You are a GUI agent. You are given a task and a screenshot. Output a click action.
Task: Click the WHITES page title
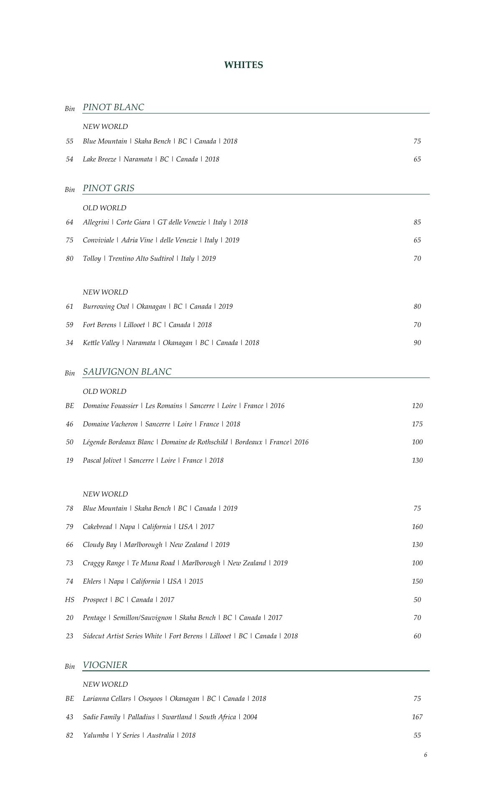click(x=243, y=65)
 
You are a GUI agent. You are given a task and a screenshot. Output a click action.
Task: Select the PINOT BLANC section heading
click(x=113, y=107)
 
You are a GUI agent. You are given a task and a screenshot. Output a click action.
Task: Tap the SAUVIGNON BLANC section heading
click(x=127, y=372)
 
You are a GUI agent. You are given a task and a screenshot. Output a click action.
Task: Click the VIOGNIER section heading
click(x=105, y=665)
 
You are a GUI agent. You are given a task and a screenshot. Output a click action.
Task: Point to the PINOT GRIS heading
click(x=109, y=188)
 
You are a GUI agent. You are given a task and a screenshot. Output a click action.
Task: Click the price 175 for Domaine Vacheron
click(x=417, y=424)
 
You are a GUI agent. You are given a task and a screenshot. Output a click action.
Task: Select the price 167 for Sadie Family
click(x=417, y=717)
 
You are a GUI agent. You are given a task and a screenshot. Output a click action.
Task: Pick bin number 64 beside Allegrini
click(x=69, y=222)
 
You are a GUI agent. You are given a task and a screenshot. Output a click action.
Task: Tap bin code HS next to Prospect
click(x=69, y=600)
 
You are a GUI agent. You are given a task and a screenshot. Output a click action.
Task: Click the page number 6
click(x=426, y=755)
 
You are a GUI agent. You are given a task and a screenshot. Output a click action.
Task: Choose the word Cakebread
click(x=97, y=527)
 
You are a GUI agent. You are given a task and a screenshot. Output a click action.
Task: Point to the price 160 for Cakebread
click(x=417, y=527)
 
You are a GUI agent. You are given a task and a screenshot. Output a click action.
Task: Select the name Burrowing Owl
click(x=106, y=307)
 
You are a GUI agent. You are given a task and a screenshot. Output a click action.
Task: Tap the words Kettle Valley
click(x=101, y=343)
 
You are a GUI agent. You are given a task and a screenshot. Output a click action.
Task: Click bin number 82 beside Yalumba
click(x=69, y=736)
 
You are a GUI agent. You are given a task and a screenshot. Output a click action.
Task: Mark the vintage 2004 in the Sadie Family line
click(x=250, y=717)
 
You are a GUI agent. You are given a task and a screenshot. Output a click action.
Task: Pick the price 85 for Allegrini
click(x=417, y=222)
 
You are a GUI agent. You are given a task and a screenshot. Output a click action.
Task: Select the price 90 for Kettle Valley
click(x=417, y=343)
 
